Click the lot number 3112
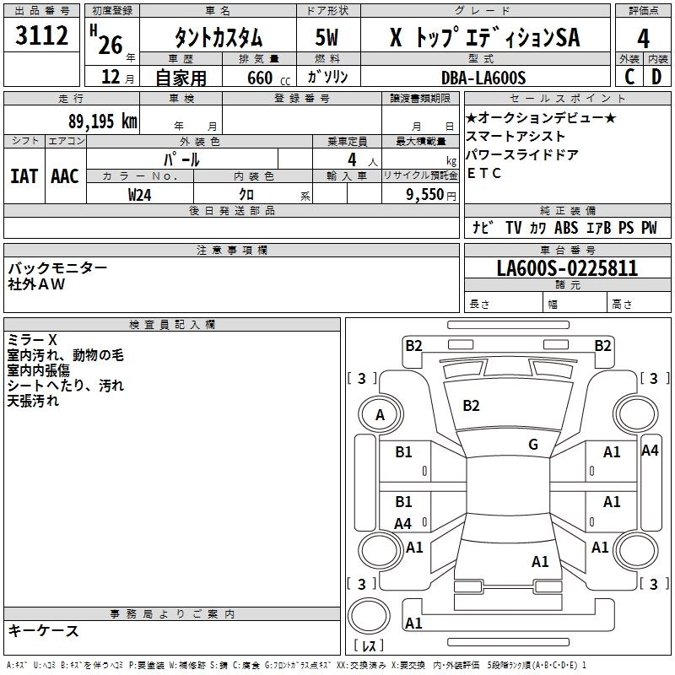tap(41, 35)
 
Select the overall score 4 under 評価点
tap(643, 39)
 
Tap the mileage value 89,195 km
tap(102, 121)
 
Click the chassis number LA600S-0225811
tap(567, 268)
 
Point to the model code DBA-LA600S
tap(483, 78)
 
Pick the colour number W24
tap(139, 195)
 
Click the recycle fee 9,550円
tap(431, 195)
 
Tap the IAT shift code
tap(24, 176)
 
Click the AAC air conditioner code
tap(65, 176)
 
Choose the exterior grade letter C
tap(629, 77)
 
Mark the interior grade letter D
tap(656, 77)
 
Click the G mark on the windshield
tap(533, 445)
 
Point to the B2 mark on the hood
tap(471, 406)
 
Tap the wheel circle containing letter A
tap(381, 414)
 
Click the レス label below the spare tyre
tap(369, 645)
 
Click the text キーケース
tap(44, 630)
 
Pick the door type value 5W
tap(327, 37)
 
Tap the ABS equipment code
tap(566, 227)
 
